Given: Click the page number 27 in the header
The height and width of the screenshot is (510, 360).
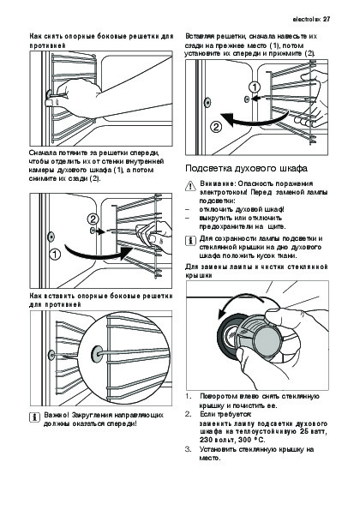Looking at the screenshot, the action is tap(327, 19).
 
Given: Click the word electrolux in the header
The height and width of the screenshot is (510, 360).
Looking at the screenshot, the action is tap(306, 19).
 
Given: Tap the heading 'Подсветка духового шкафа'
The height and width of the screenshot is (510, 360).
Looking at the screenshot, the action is tap(246, 169).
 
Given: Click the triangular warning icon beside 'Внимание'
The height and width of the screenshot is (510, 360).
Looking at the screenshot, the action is tap(189, 186).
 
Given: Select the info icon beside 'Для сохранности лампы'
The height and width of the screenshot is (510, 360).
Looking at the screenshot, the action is tap(190, 241).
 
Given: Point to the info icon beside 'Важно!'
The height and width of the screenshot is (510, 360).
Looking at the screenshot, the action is tap(33, 417).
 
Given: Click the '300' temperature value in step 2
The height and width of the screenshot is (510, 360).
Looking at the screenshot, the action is tap(244, 440).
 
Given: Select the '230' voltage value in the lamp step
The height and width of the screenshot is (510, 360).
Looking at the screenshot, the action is tap(207, 440).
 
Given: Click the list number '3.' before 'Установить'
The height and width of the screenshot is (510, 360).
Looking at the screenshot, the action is tap(189, 449).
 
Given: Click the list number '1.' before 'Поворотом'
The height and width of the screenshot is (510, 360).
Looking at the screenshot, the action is tap(189, 397).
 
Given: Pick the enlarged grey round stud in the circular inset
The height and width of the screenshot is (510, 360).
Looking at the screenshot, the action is tap(97, 354).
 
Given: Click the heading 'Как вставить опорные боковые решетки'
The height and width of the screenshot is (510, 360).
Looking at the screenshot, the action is tap(101, 300).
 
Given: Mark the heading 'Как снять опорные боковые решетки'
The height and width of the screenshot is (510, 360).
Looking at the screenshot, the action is tap(101, 40).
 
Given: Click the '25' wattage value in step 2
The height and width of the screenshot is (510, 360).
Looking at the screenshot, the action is tap(304, 432).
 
